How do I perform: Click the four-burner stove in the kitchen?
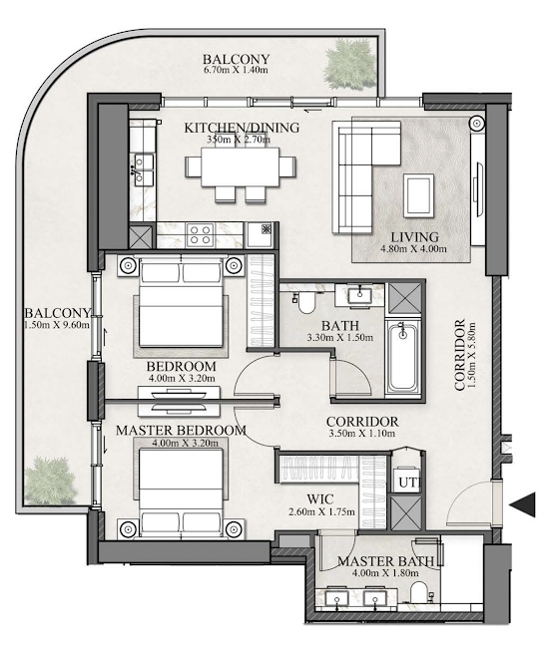[x=200, y=235]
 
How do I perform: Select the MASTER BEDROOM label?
[x=181, y=431]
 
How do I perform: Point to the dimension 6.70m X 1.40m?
[x=236, y=72]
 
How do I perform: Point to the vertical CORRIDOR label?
[x=460, y=355]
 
